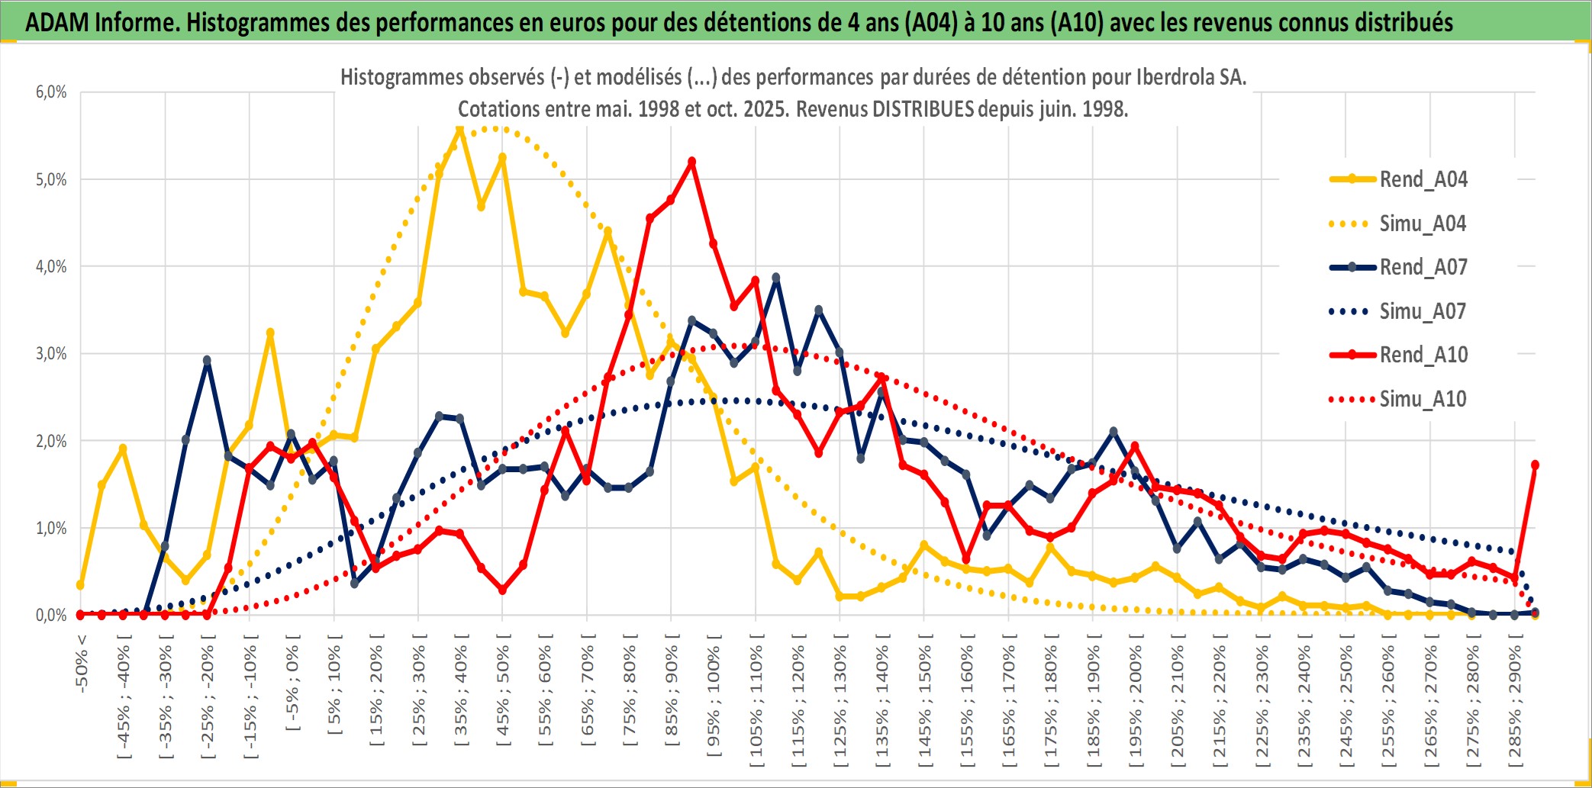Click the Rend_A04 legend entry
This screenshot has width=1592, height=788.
click(x=1423, y=179)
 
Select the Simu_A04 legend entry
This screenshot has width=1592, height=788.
click(x=1423, y=224)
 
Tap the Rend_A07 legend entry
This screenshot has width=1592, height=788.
click(x=1423, y=267)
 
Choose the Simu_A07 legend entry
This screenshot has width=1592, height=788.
click(x=1423, y=311)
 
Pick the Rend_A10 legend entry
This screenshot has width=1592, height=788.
click(x=1423, y=355)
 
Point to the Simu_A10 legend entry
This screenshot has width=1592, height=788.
click(x=1423, y=399)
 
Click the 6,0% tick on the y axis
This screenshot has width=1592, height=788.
click(x=51, y=92)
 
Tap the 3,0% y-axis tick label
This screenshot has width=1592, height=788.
click(x=51, y=354)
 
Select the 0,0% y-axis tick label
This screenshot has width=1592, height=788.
click(x=51, y=615)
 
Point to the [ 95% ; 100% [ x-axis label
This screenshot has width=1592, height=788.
click(x=714, y=702)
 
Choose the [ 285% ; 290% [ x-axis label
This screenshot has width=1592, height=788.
click(x=1515, y=702)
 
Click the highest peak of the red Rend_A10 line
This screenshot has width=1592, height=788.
click(x=691, y=162)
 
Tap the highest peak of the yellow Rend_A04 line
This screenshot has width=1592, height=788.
click(x=459, y=129)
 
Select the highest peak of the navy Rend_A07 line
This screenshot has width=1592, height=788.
click(x=776, y=278)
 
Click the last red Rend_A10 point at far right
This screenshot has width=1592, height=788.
click(x=1535, y=465)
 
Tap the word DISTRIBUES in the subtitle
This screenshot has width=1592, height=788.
click(x=923, y=109)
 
